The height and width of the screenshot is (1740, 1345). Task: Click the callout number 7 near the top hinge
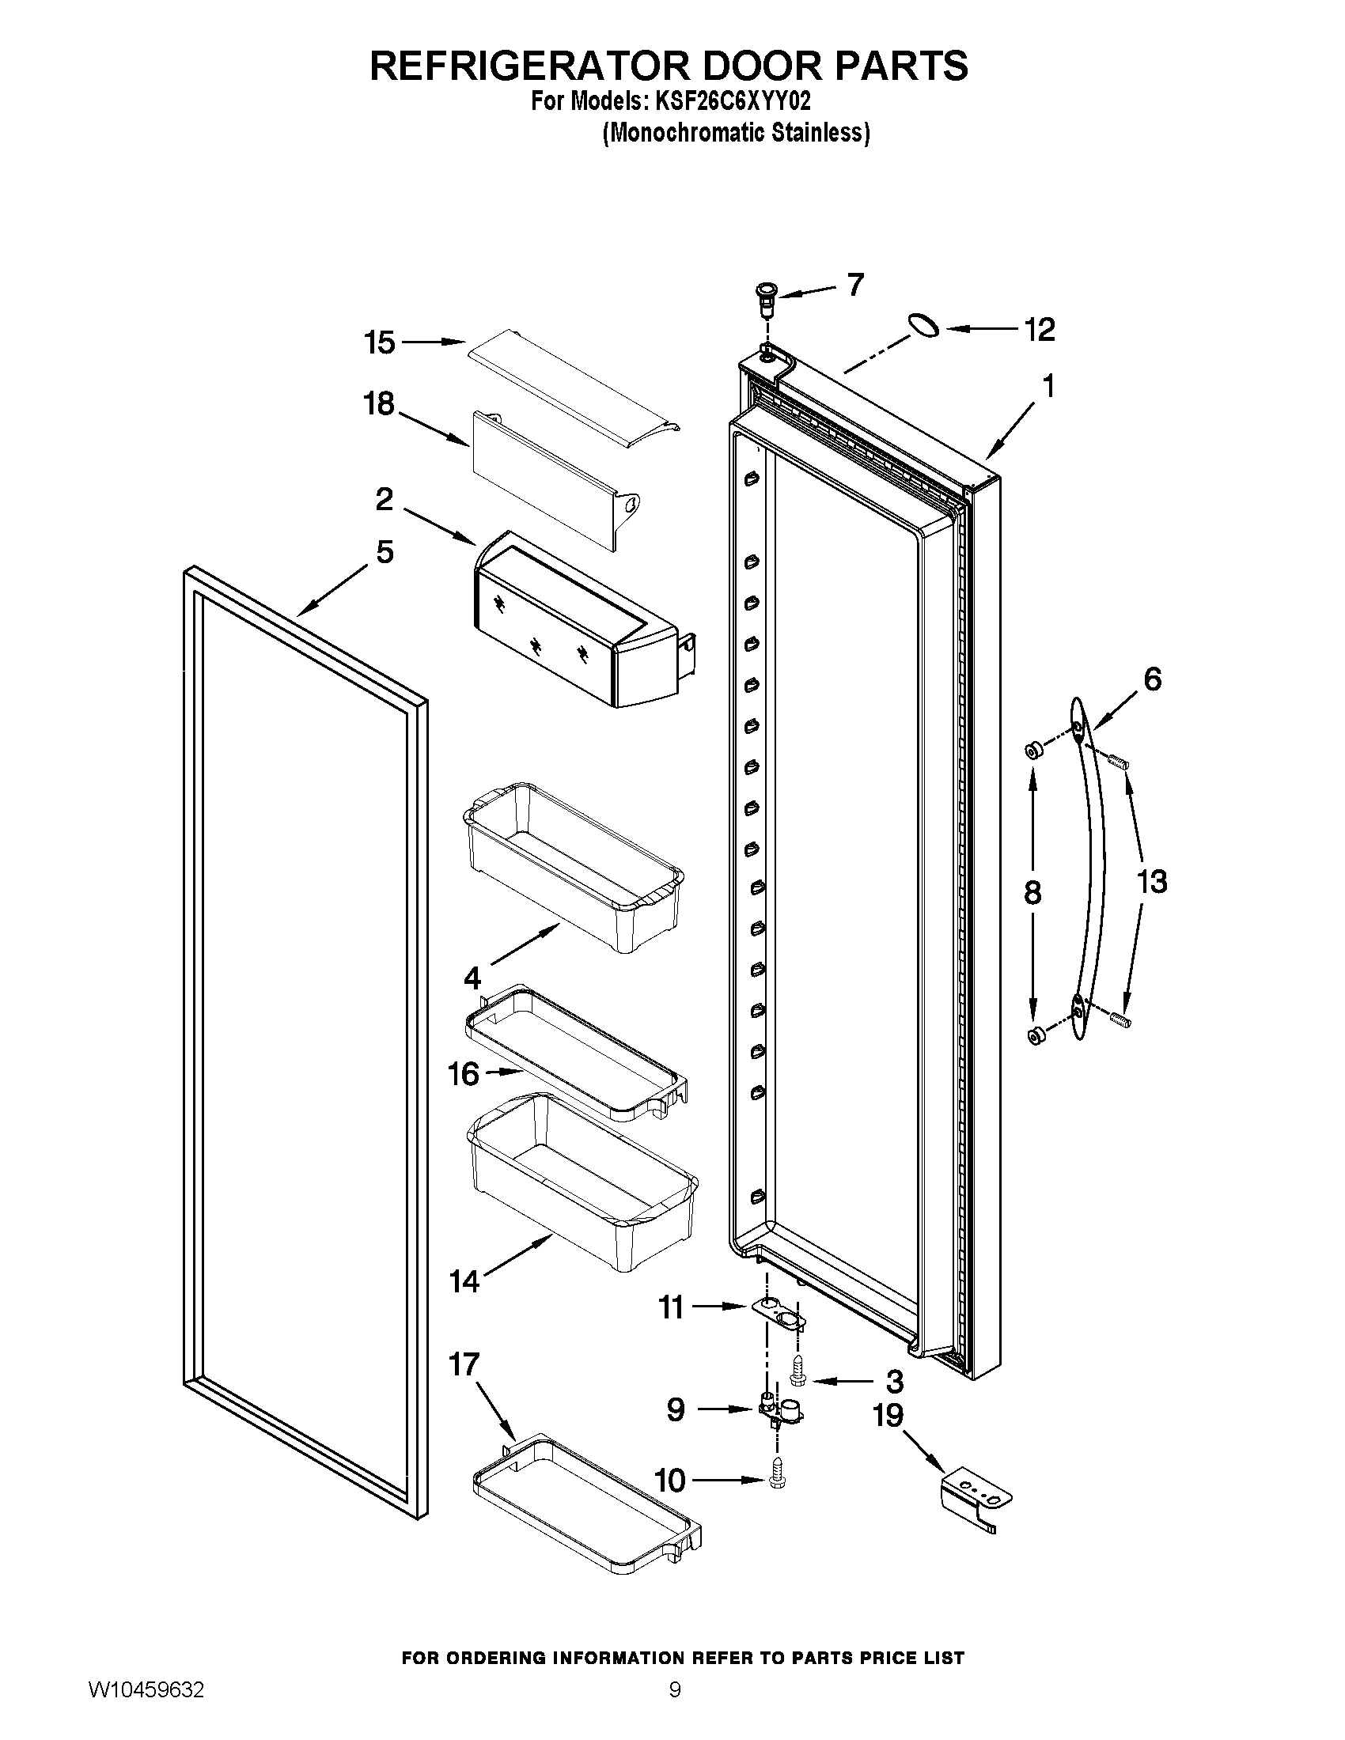click(855, 285)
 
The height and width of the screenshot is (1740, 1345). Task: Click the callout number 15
click(379, 343)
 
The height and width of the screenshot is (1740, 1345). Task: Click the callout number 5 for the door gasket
click(385, 551)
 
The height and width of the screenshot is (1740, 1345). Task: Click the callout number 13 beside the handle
click(1151, 882)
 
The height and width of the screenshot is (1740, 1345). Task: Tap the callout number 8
click(1032, 893)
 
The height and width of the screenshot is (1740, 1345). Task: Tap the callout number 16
click(463, 1074)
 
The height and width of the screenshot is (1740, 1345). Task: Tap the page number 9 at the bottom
click(674, 1706)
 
